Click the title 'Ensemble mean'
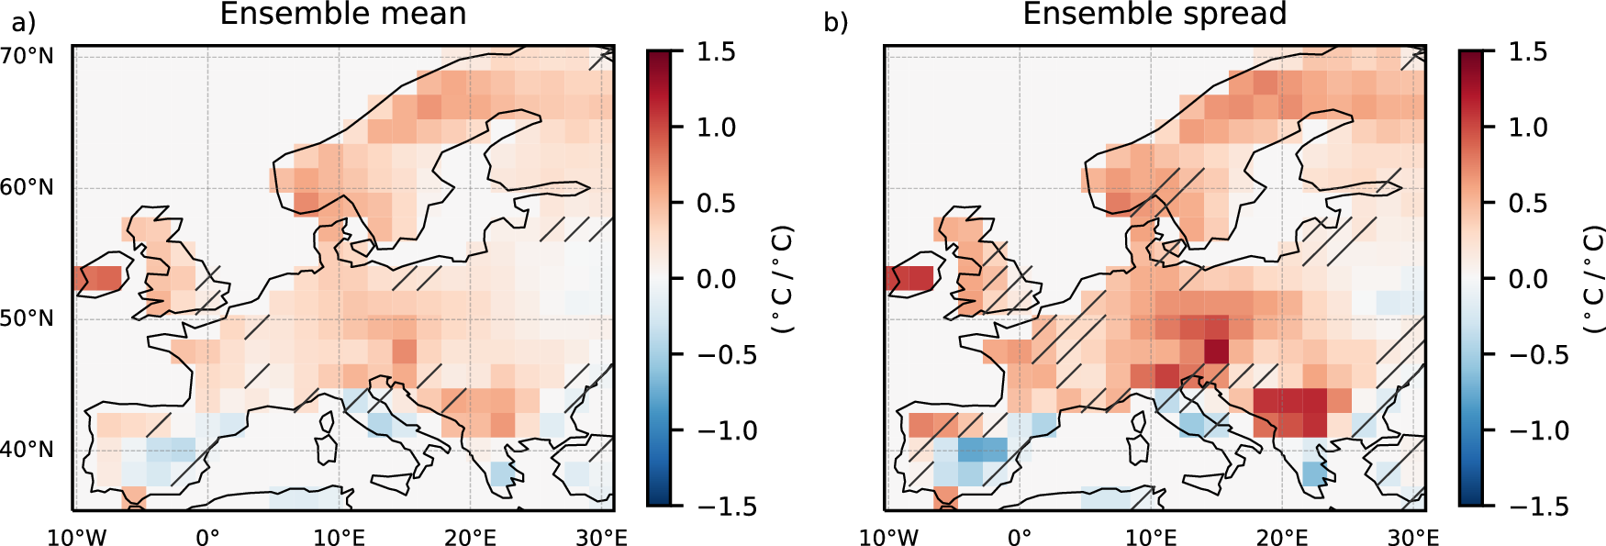coord(343,14)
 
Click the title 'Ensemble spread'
coord(1154,14)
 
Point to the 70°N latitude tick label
coord(28,56)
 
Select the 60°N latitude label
coord(28,187)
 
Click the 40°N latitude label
coord(28,450)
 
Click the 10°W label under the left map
coord(76,537)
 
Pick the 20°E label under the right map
coord(1282,537)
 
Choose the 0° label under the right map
coord(1019,537)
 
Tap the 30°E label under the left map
coord(601,537)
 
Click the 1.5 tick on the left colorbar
coord(716,51)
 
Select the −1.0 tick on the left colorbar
coord(727,430)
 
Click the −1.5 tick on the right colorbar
coord(1539,506)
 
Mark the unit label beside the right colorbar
coord(1594,279)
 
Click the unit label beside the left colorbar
coord(782,279)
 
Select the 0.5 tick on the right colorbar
coord(1528,203)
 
